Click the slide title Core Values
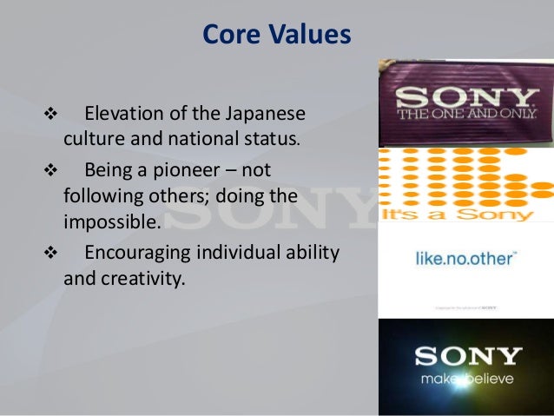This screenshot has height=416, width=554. point(276,35)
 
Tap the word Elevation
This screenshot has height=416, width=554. point(124,115)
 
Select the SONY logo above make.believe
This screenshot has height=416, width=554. point(467,356)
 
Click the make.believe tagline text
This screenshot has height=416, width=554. point(467,380)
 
